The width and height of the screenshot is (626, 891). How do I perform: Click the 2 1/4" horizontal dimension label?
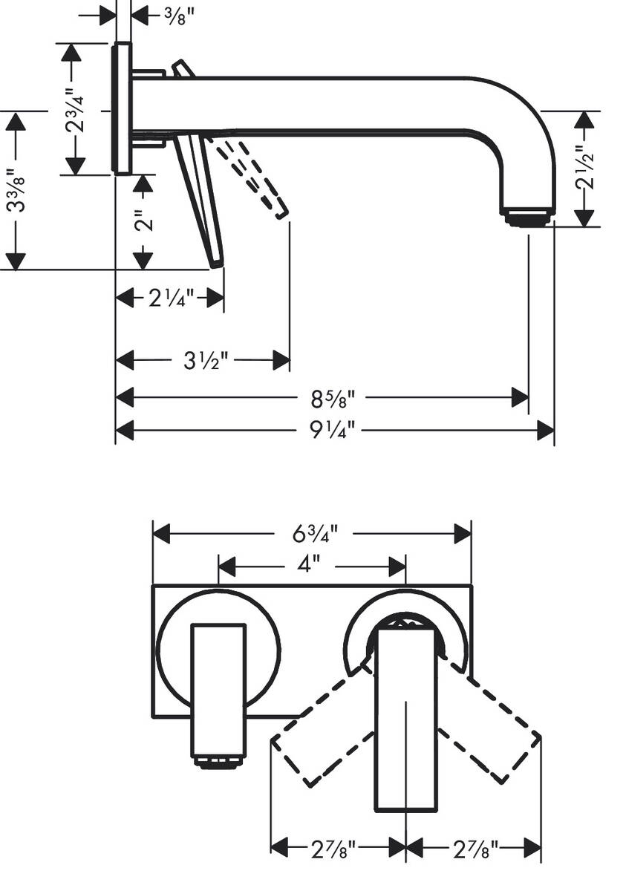[170, 298]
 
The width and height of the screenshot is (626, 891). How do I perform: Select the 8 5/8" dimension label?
[332, 397]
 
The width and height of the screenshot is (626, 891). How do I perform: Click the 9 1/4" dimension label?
[332, 430]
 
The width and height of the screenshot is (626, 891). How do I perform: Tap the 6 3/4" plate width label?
[313, 533]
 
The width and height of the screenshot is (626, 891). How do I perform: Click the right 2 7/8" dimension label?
[473, 846]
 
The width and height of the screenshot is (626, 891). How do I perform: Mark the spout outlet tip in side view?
[528, 217]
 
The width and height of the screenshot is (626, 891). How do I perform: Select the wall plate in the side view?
[123, 108]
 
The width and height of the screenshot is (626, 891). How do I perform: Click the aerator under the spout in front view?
[218, 763]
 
